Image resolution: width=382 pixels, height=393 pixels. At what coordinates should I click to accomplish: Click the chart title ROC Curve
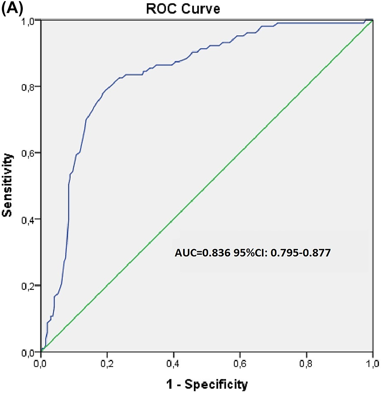[189, 8]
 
